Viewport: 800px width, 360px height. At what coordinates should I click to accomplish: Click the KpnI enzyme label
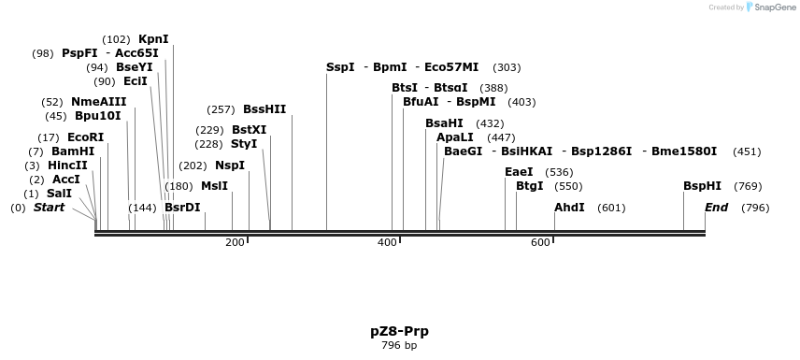153,39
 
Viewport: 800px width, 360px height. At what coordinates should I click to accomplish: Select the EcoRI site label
86,137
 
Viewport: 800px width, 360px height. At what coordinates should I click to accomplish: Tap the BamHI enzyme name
73,151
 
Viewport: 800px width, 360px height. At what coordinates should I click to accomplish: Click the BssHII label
264,109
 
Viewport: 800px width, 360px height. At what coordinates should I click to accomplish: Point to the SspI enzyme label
340,67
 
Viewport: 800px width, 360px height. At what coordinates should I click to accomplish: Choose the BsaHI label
444,123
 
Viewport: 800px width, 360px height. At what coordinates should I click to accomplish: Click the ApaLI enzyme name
455,137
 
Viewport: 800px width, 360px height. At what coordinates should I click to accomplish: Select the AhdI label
569,208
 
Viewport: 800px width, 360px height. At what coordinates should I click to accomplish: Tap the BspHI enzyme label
702,186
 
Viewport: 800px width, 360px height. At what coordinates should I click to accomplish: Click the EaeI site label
519,172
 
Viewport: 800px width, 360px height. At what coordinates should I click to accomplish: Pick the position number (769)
748,186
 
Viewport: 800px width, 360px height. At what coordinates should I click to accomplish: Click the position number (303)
507,67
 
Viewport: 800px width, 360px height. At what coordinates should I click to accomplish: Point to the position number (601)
611,208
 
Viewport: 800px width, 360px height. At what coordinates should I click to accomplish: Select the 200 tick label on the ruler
235,243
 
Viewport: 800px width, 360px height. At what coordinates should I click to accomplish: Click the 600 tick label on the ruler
540,243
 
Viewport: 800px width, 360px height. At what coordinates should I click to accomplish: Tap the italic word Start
49,208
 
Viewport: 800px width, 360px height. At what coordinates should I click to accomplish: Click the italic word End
716,208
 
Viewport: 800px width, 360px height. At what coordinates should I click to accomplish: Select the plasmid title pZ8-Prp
399,331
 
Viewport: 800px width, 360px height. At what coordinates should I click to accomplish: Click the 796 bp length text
399,346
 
